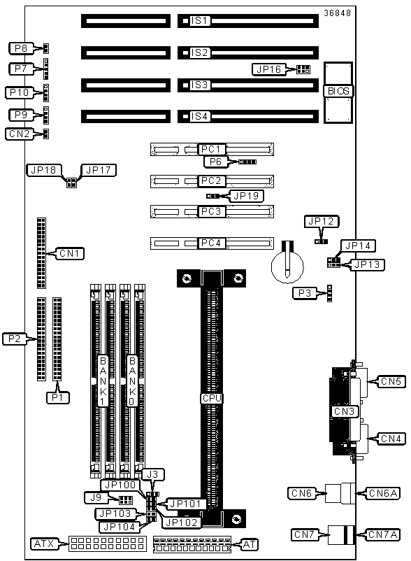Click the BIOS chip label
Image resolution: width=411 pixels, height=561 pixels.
[338, 91]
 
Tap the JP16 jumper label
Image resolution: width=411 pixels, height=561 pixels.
[269, 69]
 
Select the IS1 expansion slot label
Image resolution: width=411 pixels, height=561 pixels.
[199, 21]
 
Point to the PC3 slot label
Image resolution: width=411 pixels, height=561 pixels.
[212, 211]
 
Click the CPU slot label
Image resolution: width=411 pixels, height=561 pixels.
[212, 398]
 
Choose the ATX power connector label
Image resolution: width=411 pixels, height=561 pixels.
[44, 544]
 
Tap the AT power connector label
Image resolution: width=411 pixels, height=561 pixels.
[249, 544]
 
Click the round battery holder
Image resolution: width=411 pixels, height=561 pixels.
[287, 267]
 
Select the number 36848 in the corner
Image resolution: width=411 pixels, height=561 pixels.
[337, 13]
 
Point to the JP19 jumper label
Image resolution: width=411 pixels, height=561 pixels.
[246, 196]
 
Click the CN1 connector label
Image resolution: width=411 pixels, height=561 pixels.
[71, 253]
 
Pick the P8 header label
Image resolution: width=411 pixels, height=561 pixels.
[21, 48]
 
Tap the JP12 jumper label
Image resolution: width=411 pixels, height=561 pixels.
[322, 222]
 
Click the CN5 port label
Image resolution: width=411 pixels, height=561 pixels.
[391, 381]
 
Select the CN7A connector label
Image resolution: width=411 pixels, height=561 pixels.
[383, 534]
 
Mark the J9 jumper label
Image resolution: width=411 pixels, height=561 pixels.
[96, 497]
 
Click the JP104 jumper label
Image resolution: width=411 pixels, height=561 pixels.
[119, 527]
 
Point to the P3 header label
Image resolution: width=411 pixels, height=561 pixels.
[305, 293]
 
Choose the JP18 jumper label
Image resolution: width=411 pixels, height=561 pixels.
[44, 170]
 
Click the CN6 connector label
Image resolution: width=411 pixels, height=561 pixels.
[302, 493]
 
